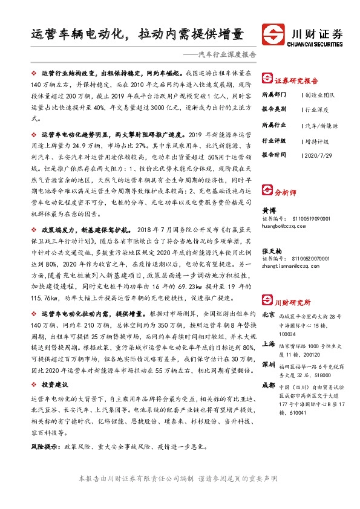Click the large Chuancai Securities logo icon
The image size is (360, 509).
click(x=274, y=34)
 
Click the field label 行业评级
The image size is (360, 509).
click(x=273, y=140)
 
